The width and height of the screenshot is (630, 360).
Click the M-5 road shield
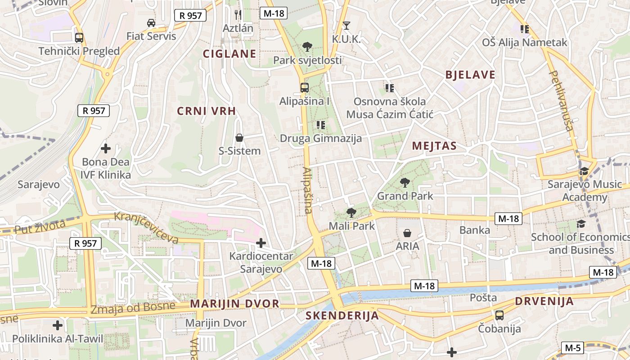tap(572, 348)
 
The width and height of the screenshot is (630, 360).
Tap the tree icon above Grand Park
tap(405, 183)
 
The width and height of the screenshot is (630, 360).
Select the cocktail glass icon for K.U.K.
tap(346, 26)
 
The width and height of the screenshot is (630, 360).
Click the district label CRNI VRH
tap(207, 111)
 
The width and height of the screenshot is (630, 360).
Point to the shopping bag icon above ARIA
tap(407, 233)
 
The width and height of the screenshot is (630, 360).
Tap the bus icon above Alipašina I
tap(305, 88)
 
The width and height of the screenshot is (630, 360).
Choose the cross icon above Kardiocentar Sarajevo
tap(261, 243)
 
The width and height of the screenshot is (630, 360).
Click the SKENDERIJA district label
tap(342, 316)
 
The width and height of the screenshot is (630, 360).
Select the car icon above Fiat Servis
tap(151, 23)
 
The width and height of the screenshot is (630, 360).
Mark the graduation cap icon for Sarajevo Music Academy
tap(584, 171)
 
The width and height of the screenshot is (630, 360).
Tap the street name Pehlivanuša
tap(562, 101)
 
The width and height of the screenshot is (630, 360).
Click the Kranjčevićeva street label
tap(146, 228)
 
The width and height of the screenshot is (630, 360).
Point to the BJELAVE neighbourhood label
tap(470, 75)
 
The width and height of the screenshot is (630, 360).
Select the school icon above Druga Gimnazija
tap(321, 125)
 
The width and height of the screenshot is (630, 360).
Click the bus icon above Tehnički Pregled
tap(79, 38)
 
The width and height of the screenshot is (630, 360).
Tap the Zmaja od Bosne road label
tap(133, 308)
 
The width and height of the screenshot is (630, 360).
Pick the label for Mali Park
tap(352, 226)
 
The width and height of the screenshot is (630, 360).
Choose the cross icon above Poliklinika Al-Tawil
tap(58, 325)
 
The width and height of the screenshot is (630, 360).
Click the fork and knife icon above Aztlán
tap(238, 15)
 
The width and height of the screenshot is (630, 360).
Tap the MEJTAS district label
tap(434, 146)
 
